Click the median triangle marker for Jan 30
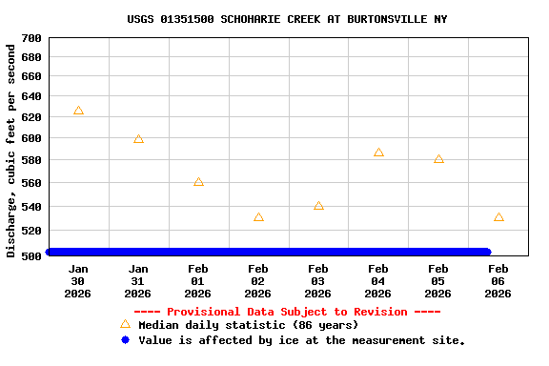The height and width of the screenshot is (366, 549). [x=78, y=111]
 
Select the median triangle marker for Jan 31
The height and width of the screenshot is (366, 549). [x=138, y=139]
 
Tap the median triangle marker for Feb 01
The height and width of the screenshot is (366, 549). [x=198, y=181]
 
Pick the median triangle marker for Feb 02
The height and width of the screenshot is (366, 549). [x=258, y=217]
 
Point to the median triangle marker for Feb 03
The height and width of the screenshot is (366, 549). [x=318, y=206]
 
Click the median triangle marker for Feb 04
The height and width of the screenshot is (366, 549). [x=378, y=152]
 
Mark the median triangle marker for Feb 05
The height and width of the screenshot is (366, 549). [x=438, y=159]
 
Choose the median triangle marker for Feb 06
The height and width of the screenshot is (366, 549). [x=498, y=217]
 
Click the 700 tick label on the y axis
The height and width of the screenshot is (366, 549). [x=30, y=38]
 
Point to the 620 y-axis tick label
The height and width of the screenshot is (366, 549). [x=30, y=117]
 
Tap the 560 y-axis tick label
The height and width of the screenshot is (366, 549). [x=30, y=183]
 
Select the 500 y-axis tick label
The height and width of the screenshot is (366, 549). [x=30, y=255]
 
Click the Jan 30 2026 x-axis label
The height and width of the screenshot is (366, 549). [x=78, y=281]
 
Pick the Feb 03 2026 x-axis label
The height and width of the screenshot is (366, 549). [x=318, y=281]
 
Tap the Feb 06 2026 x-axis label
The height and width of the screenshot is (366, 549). [x=498, y=281]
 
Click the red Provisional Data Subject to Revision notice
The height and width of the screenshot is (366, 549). [x=287, y=312]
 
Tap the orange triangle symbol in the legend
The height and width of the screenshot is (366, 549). [x=125, y=324]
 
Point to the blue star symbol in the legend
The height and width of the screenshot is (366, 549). [x=125, y=339]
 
